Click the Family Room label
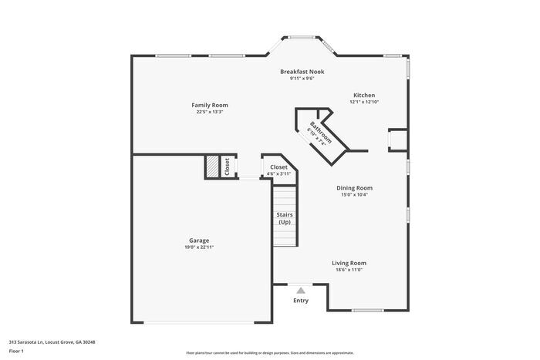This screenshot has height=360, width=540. coord(210,105)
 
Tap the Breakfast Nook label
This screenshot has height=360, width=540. coord(302,72)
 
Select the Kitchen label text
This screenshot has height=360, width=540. coord(364,96)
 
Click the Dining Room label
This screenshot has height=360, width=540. coord(354,188)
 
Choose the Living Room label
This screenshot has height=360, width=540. coord(349,263)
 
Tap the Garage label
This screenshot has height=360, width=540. coord(199,241)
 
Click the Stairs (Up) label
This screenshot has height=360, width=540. coord(285,218)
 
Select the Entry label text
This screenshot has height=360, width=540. coord(301,301)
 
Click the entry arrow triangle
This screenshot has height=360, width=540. coord(301,291)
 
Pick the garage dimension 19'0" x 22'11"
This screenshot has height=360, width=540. coord(199,247)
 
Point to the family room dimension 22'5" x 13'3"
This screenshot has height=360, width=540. coord(210,112)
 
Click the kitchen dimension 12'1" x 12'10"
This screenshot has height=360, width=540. coord(364,102)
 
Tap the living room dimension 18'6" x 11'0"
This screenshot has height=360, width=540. coord(349,270)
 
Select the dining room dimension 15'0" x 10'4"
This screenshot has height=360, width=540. coord(354,194)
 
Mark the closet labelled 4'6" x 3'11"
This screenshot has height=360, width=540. coord(278,167)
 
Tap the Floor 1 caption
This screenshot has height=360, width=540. coord(17,351)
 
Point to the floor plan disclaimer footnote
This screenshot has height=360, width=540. coord(269,352)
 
